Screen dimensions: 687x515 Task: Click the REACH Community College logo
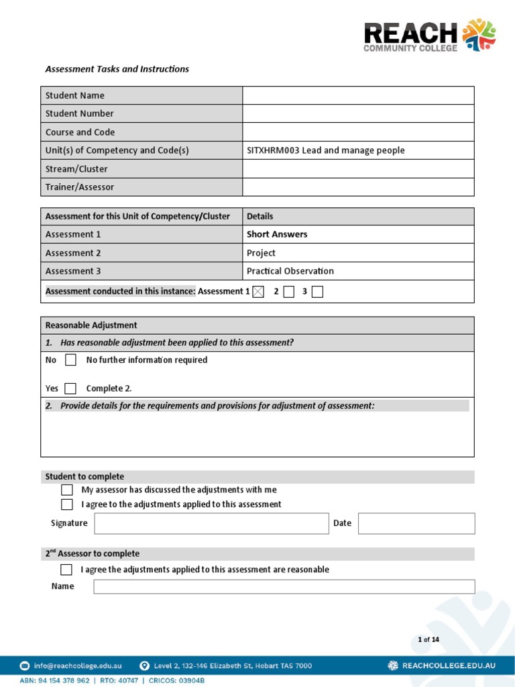[x=429, y=36]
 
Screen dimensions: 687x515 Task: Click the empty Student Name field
[x=358, y=95]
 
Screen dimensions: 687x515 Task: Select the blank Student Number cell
[x=358, y=113]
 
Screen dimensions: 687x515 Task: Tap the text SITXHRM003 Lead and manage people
[x=326, y=150]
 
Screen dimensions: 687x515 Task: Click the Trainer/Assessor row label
[x=80, y=187]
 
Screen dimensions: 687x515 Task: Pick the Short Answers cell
[x=277, y=234]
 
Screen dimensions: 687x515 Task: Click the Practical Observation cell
[x=290, y=271]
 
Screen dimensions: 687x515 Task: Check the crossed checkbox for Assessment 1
[x=258, y=291]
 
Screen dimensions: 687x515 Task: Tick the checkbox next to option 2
[x=288, y=291]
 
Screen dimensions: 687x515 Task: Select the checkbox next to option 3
[x=317, y=291]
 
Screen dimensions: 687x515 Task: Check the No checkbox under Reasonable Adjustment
[x=70, y=360]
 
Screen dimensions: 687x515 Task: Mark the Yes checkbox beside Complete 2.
[x=70, y=388]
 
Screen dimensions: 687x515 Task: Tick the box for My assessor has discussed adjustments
[x=67, y=490]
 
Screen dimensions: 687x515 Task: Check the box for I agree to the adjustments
[x=67, y=505]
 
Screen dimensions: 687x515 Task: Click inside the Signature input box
[x=211, y=523]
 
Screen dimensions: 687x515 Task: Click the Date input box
[x=416, y=523]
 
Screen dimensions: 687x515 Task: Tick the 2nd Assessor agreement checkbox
[x=66, y=570]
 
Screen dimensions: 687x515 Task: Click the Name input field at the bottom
[x=284, y=587]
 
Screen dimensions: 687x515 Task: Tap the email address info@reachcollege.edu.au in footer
[x=79, y=666]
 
